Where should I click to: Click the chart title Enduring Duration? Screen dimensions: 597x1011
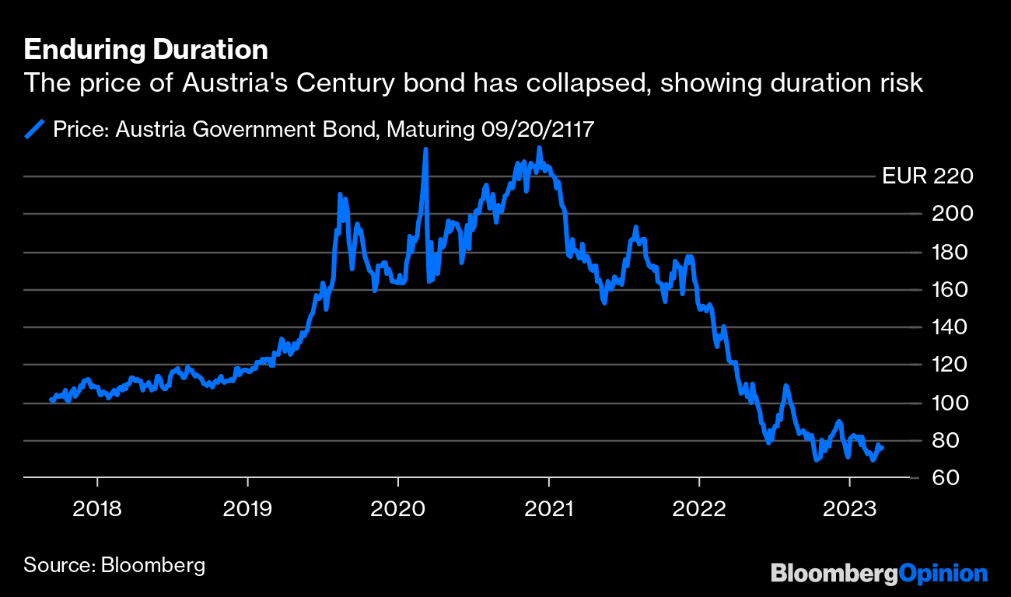tap(146, 50)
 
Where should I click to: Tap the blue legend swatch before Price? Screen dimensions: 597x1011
tap(35, 128)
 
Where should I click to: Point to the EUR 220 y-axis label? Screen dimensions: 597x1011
tap(928, 176)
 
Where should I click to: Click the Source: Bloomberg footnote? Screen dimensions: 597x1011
tap(114, 564)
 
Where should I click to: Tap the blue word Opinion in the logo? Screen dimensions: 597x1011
tap(943, 574)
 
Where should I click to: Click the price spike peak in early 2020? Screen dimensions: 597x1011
tap(425, 149)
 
